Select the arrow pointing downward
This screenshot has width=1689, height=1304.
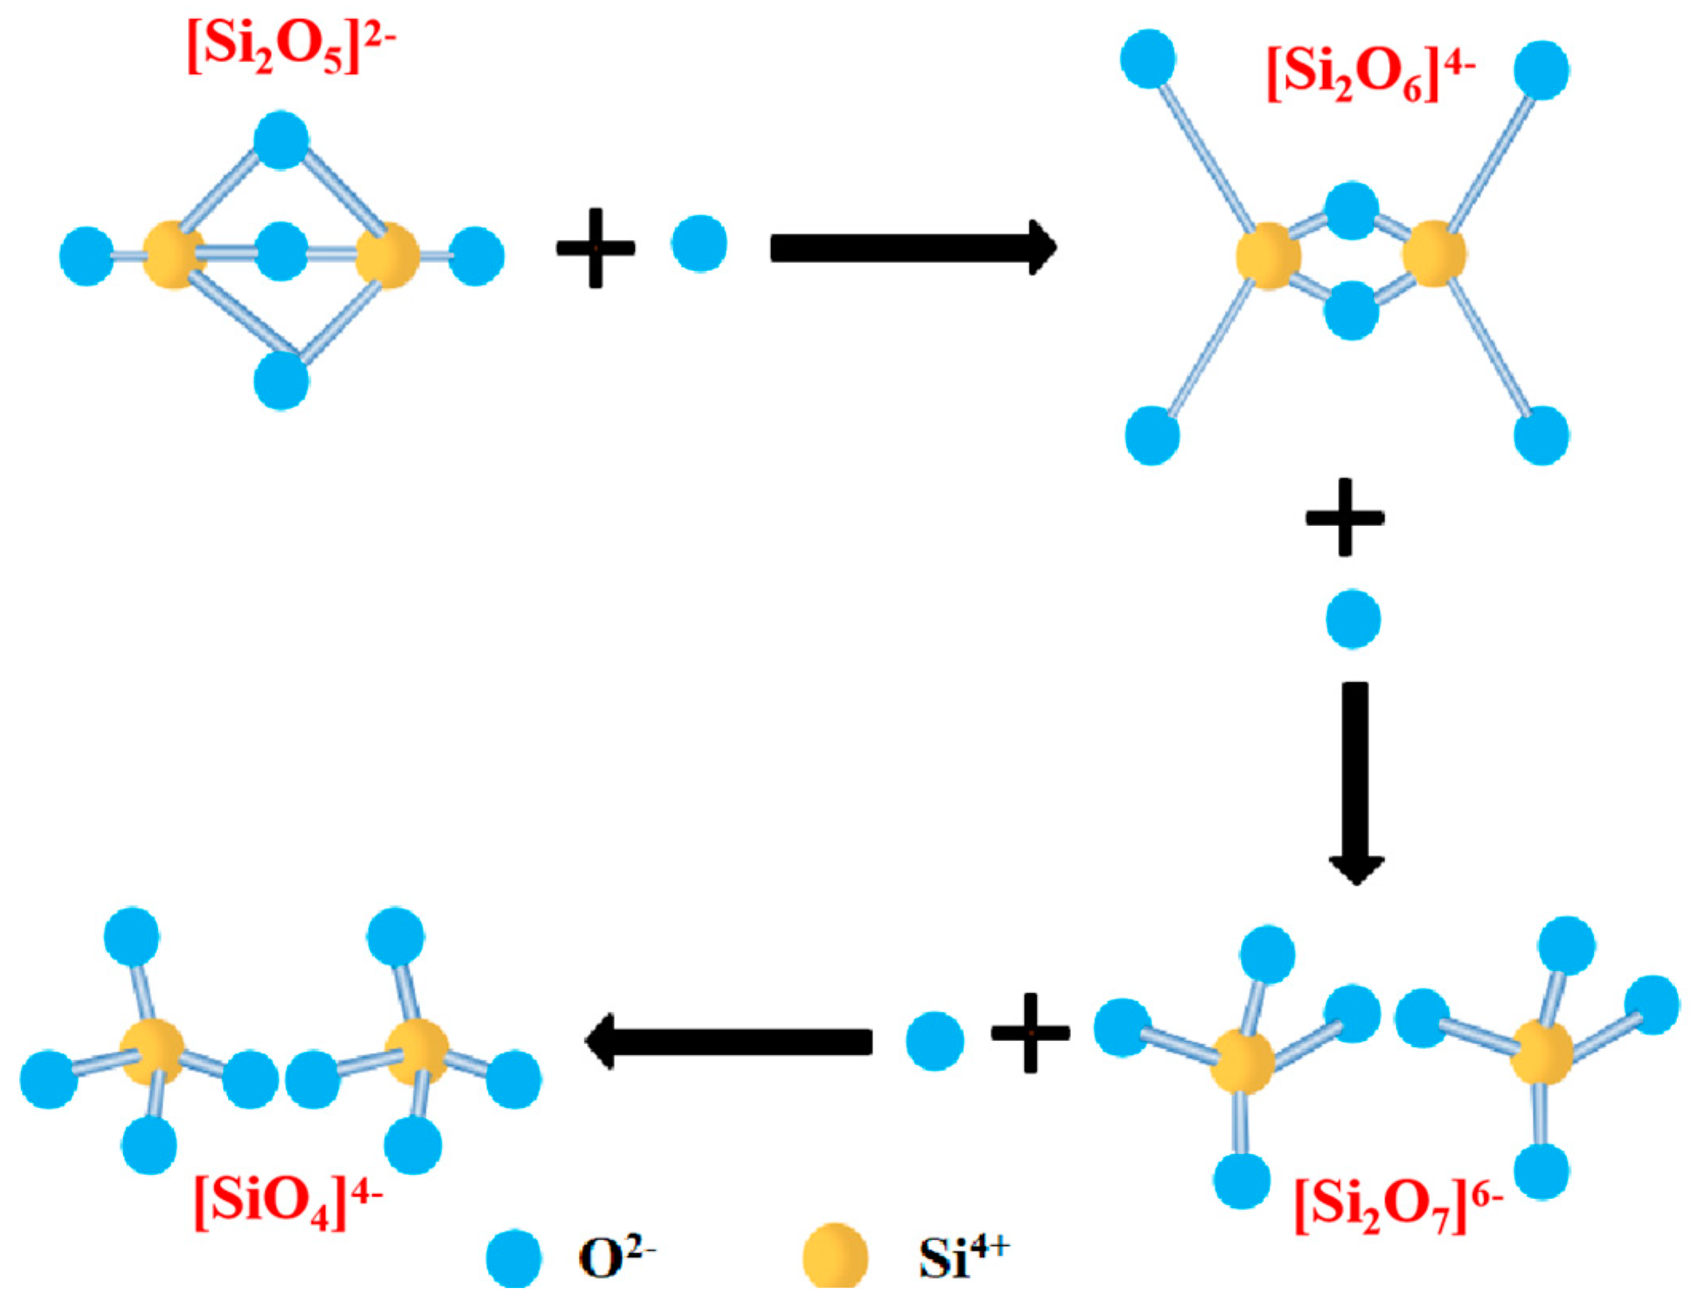(1356, 782)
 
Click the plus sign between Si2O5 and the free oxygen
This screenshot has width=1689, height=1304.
(596, 248)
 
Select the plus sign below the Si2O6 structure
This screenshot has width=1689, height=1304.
(1345, 517)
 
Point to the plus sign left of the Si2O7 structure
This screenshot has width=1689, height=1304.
(1030, 1033)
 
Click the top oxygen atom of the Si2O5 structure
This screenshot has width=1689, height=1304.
(281, 140)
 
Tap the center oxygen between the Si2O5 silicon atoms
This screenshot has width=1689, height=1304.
(281, 252)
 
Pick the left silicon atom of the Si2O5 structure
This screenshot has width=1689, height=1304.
(174, 255)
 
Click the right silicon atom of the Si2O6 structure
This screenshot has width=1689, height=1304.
(1434, 253)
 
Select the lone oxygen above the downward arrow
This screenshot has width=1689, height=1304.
(1353, 619)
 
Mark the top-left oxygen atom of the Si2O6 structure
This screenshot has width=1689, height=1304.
(1148, 58)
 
